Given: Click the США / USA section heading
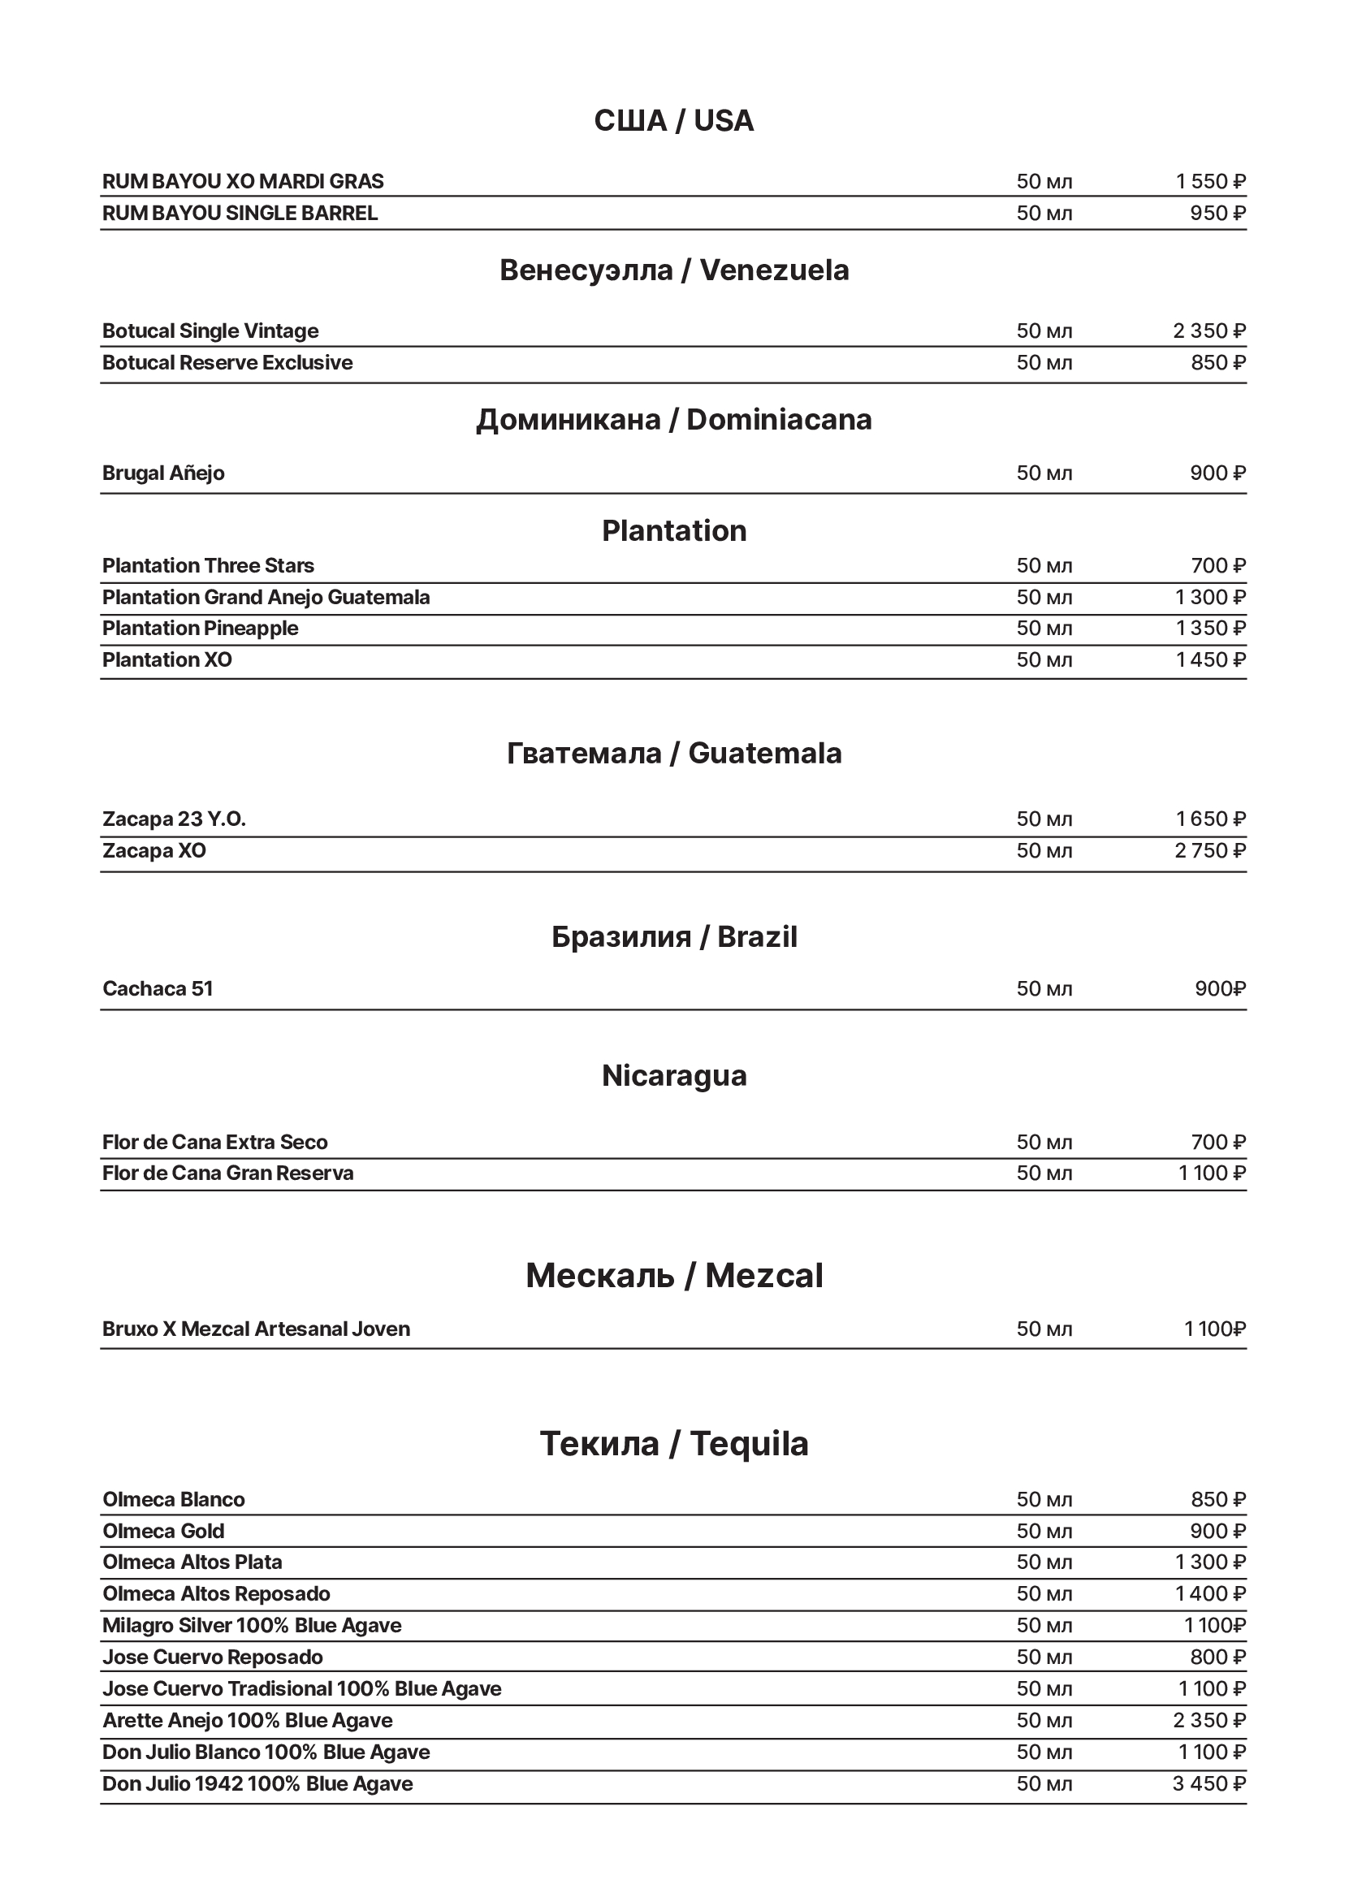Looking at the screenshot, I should coord(673,121).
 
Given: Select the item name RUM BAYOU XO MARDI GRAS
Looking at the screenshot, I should coord(243,181).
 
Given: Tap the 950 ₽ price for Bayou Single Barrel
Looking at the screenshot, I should coord(1217,214).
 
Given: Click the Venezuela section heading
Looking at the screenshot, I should coord(673,270).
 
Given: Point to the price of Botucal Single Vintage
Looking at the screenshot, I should coord(1208,331).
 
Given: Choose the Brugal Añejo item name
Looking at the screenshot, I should coord(163,473).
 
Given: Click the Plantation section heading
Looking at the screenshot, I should coord(673,531).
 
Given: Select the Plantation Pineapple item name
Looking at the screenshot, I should coord(200,628).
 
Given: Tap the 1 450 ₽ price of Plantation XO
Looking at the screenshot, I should coord(1210,659).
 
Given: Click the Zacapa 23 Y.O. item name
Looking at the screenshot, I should coord(175,819).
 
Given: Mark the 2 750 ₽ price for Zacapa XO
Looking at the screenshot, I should coord(1209,850).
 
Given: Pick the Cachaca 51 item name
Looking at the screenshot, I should coord(158,988).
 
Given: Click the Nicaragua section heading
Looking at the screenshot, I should coord(673,1076).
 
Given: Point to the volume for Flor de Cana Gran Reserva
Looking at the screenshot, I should coord(1044,1173).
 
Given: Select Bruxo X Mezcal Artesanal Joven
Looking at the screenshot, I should coord(256,1329).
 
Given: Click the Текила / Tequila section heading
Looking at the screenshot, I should coord(673,1444).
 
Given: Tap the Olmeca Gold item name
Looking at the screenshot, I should coord(163,1531).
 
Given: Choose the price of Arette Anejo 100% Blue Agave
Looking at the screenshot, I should coord(1208,1719).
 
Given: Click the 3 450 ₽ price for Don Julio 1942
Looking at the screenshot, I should coord(1208,1783).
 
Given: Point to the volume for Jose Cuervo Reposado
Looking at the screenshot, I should coord(1044,1657).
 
